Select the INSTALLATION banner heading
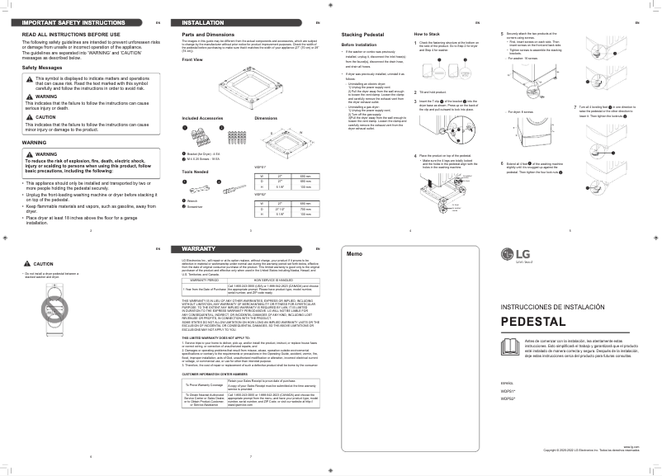202,22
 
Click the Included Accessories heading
203,119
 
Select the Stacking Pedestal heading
360,34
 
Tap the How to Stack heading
426,34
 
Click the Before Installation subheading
359,44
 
